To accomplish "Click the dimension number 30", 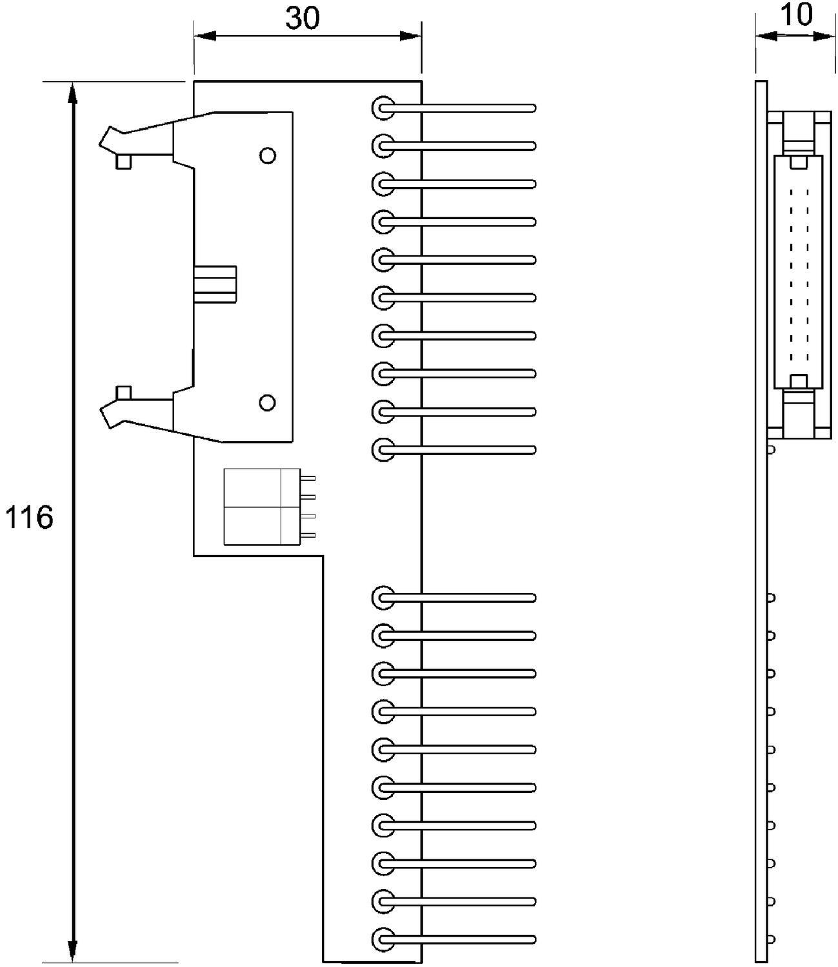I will pos(302,19).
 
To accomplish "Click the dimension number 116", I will pos(29,518).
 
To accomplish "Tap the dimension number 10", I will pos(797,14).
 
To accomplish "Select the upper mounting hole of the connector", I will pos(267,155).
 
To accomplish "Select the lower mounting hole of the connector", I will pos(267,403).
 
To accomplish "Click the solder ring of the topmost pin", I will pos(383,108).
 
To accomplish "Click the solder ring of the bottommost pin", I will pos(383,939).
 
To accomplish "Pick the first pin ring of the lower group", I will pos(383,598).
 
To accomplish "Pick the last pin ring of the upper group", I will pos(383,449).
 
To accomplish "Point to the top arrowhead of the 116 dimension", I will pos(73,94).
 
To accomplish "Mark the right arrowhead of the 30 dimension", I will pos(410,35).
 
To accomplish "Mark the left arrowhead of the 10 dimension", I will pos(766,37).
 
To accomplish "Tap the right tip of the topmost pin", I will pos(533,108).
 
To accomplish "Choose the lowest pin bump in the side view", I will pos(771,939).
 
